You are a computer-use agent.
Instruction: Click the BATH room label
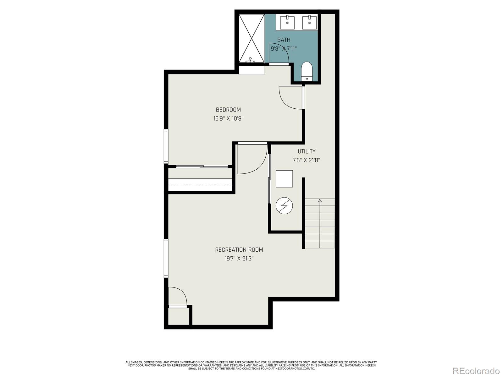[x=284, y=40]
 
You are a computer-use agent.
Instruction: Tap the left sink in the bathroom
[x=287, y=22]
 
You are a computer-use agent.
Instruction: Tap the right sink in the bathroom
[x=309, y=22]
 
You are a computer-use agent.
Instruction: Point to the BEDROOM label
[x=228, y=110]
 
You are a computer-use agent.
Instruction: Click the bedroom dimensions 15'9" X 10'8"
[x=228, y=119]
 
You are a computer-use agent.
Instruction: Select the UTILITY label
[x=307, y=151]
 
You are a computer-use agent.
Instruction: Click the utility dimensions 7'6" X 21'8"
[x=307, y=160]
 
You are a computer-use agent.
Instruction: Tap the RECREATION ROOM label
[x=239, y=250]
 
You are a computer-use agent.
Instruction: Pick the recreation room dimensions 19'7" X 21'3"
[x=239, y=259]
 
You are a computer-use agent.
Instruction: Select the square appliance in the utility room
[x=284, y=179]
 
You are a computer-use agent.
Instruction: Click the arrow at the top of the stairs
[x=320, y=200]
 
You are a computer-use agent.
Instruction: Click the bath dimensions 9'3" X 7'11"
[x=284, y=49]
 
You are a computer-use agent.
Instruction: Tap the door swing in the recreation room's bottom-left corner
[x=177, y=297]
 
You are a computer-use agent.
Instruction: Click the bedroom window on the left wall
[x=166, y=146]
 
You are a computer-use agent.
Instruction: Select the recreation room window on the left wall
[x=166, y=258]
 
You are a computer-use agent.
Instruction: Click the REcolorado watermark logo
[x=476, y=371]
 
